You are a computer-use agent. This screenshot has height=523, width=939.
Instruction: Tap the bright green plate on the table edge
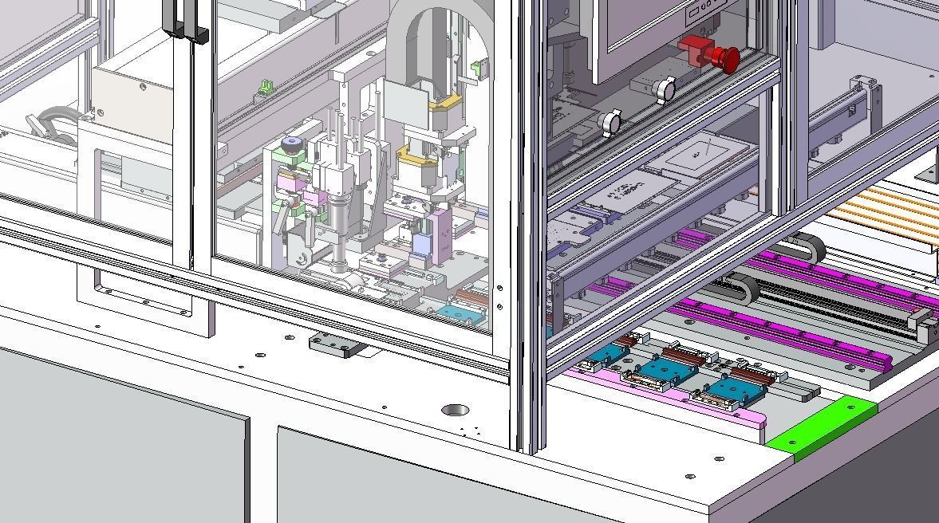click(822, 426)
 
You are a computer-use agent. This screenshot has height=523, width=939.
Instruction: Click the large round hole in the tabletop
click(455, 410)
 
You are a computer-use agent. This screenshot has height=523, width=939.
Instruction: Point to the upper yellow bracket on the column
click(444, 103)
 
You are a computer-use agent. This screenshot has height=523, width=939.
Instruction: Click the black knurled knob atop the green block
click(293, 144)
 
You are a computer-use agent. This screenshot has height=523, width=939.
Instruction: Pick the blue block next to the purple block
click(421, 239)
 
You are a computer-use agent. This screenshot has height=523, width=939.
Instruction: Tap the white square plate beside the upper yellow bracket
click(407, 102)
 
